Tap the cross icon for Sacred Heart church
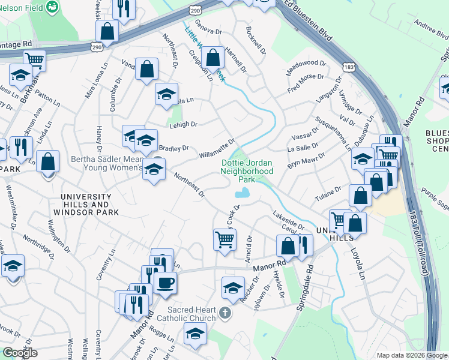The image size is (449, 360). coord(224,313)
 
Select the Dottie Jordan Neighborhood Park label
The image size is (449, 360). coord(247,171)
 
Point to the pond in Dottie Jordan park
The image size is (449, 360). coord(243,193)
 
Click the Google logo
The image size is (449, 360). coord(20,353)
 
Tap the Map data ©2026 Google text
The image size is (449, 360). coord(412,355)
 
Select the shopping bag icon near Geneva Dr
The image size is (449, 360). coord(213,58)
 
